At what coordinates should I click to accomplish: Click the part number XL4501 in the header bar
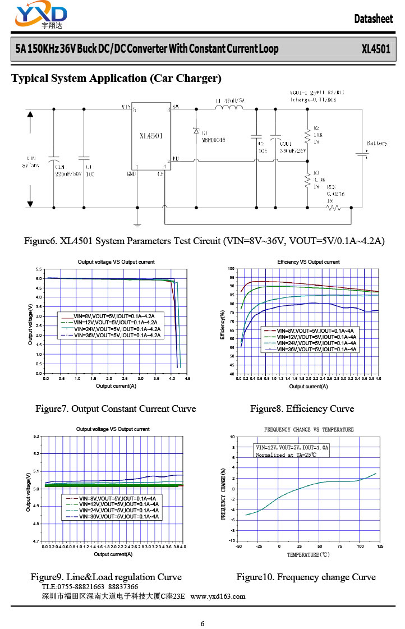point(376,49)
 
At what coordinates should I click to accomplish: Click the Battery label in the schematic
point(376,144)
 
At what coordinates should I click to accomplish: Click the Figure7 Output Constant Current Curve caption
point(116,408)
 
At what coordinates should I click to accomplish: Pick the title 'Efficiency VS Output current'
point(308,262)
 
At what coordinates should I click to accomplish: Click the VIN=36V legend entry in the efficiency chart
point(317,349)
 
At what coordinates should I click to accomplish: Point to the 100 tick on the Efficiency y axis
point(231,269)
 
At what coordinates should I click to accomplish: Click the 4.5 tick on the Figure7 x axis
point(187,379)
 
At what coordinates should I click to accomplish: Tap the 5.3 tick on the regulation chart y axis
point(36,436)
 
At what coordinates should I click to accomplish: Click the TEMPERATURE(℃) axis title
point(308,554)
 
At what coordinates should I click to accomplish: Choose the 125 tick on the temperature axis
point(380,546)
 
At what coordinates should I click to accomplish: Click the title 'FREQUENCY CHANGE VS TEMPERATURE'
point(309,430)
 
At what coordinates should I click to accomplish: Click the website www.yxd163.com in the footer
point(218,596)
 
